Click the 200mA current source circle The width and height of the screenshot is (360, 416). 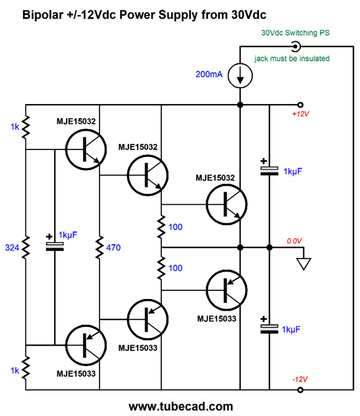(240, 75)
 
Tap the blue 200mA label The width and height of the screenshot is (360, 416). (209, 74)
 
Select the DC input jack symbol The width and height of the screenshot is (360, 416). (295, 47)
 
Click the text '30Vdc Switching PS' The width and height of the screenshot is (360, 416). (295, 33)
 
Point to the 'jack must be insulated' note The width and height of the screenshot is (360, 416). (292, 59)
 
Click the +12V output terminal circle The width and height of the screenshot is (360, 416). (300, 105)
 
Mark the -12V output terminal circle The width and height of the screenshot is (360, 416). (300, 390)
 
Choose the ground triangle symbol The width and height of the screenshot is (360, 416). (304, 264)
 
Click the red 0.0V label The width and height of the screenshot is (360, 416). (294, 241)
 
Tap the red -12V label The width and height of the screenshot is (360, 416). (300, 379)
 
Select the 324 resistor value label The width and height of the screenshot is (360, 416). (12, 247)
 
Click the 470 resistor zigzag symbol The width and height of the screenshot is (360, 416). (100, 247)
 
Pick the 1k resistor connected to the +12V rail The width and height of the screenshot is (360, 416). (26, 127)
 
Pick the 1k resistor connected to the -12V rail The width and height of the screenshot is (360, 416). (26, 367)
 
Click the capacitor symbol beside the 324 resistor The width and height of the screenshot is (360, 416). (55, 247)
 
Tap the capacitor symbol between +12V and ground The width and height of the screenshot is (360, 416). (269, 171)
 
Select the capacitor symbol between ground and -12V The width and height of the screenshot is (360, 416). (269, 329)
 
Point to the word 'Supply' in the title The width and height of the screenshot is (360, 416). (178, 15)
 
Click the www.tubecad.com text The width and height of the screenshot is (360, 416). (181, 406)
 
